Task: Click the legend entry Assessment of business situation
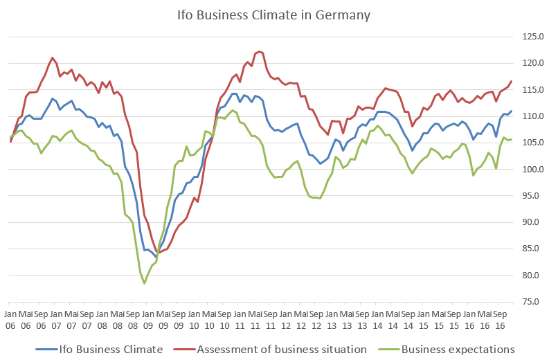point(282,350)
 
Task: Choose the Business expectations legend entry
point(460,350)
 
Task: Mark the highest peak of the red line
point(259,52)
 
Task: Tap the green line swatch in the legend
point(392,350)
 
